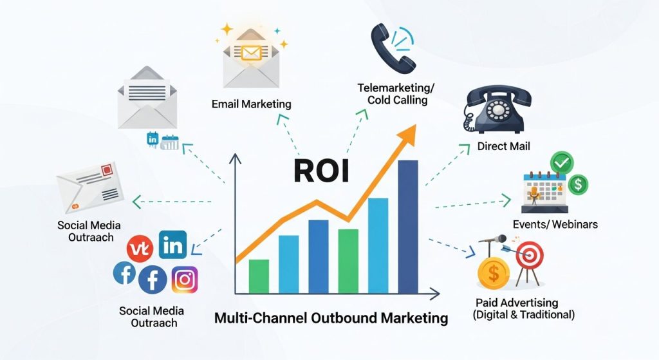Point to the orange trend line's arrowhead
408,134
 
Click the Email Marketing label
251,104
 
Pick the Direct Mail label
504,146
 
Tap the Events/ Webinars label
555,224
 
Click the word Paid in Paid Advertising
488,303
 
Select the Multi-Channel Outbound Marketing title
330,317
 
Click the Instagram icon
185,279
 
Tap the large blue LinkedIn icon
172,245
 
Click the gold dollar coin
494,272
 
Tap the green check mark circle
562,161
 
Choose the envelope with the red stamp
90,187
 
